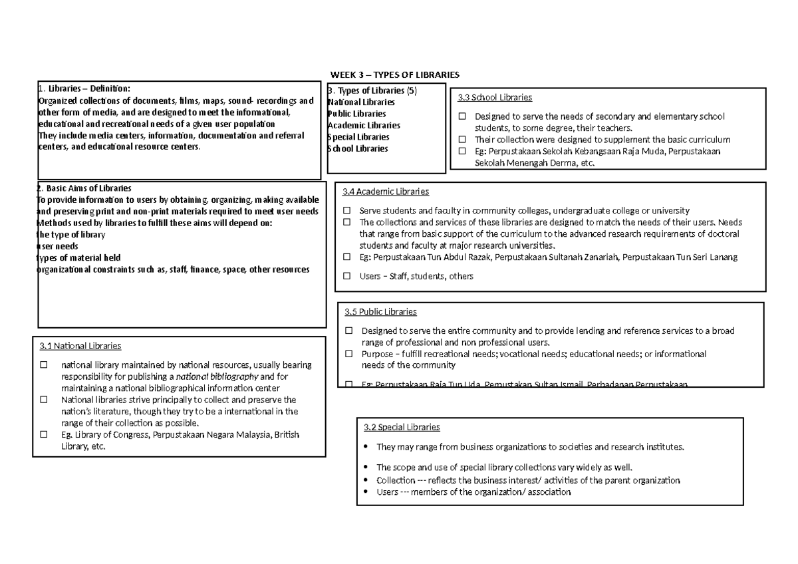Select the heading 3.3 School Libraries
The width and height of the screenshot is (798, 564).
tap(495, 98)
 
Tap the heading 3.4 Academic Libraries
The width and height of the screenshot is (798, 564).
tap(386, 192)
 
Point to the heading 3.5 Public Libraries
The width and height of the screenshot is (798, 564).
tap(380, 311)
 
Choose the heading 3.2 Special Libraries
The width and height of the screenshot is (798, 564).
tap(402, 427)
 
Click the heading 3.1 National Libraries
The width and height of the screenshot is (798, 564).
tap(80, 346)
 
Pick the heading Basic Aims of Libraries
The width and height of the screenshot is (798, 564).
tap(87, 188)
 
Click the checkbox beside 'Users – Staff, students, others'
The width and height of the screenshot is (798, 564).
tap(346, 276)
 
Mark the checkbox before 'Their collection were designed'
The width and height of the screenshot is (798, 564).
tap(462, 140)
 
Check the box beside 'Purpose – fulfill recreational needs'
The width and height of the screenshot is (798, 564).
tap(348, 354)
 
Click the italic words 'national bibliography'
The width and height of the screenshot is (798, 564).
tap(212, 376)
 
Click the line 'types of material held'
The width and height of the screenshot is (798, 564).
tap(78, 257)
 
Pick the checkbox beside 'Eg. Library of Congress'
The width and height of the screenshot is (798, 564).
tap(44, 435)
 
